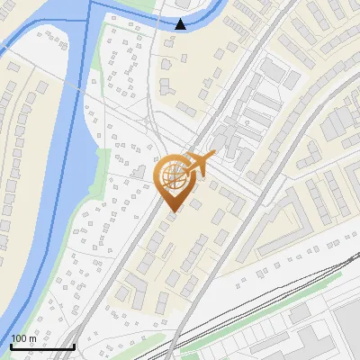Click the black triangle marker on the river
tap(181, 23)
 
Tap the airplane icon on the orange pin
tap(199, 165)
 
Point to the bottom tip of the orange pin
tap(172, 212)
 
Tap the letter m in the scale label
tap(32, 337)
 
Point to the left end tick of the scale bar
tap(11, 345)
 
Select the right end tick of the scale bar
tap(74, 345)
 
